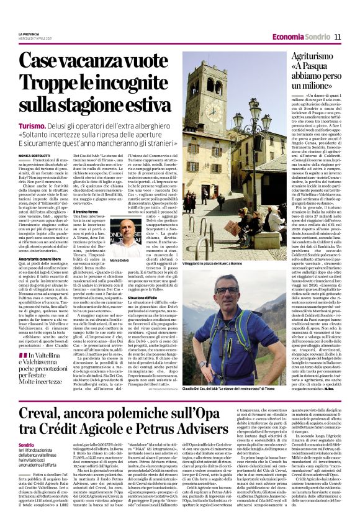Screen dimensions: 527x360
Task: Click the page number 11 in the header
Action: pos(338,37)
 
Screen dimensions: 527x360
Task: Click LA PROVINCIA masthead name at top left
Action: pos(29,34)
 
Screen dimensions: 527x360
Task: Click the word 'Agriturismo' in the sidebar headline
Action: pos(311,55)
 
